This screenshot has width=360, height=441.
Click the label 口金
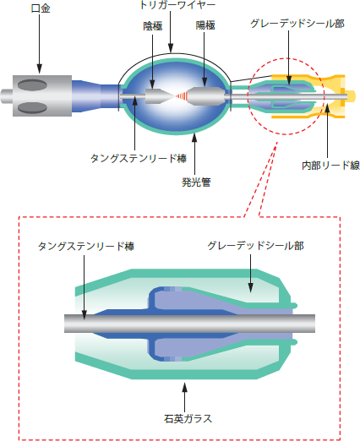tap(41, 8)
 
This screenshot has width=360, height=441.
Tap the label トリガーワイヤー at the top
tap(177, 5)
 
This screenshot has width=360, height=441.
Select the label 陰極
tap(153, 26)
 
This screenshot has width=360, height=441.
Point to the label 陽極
tap(205, 25)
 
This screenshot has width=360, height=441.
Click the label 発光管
tap(196, 182)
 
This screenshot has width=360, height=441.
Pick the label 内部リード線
tap(330, 166)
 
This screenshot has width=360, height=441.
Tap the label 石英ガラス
tap(188, 418)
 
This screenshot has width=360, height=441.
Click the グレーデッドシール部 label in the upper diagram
tap(297, 24)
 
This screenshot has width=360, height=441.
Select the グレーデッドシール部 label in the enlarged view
tap(255, 246)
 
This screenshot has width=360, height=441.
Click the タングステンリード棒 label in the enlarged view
tap(86, 246)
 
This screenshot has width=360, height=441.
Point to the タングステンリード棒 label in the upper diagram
tap(139, 158)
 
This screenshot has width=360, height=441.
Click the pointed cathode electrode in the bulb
tap(159, 96)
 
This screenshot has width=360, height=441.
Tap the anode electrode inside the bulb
tap(206, 96)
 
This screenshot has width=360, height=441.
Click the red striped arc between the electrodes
tap(181, 96)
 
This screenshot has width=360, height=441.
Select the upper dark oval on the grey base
tap(32, 85)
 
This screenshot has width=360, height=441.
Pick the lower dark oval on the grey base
tap(32, 107)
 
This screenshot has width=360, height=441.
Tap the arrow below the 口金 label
tap(40, 44)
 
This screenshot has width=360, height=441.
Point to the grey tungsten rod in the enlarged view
tap(189, 324)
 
